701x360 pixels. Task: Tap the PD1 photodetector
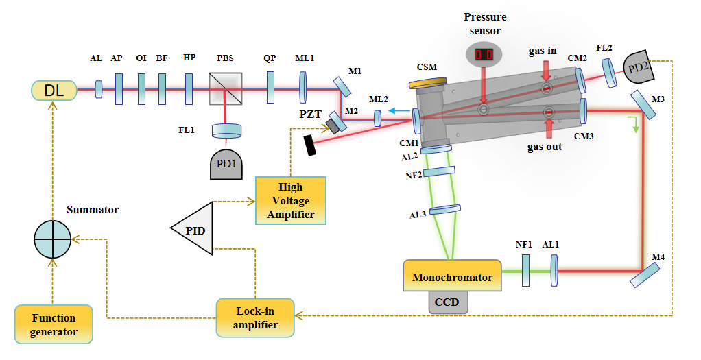(x=229, y=164)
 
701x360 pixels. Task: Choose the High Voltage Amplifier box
(x=290, y=200)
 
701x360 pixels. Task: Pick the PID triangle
(x=194, y=226)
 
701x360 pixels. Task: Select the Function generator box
(x=54, y=324)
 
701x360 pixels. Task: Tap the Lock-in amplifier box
(x=254, y=317)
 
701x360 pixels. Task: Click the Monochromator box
(x=452, y=277)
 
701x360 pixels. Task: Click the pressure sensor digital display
(x=484, y=54)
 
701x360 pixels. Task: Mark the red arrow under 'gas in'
(x=546, y=71)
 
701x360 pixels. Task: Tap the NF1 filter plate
(x=526, y=270)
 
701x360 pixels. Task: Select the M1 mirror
(x=343, y=86)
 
